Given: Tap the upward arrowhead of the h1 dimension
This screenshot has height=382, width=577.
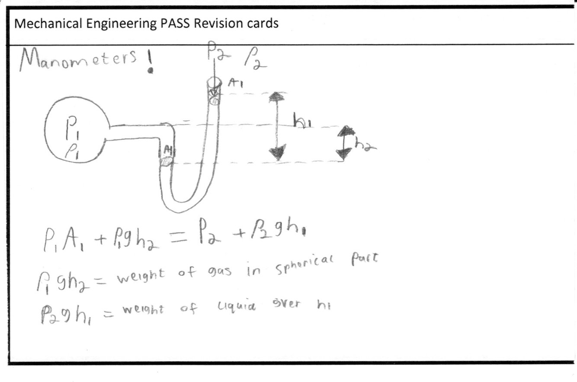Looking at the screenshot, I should click(277, 98).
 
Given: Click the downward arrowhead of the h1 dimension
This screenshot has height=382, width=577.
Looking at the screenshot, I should click(277, 154).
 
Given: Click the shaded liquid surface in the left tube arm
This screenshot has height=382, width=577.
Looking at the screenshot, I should click(166, 161).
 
